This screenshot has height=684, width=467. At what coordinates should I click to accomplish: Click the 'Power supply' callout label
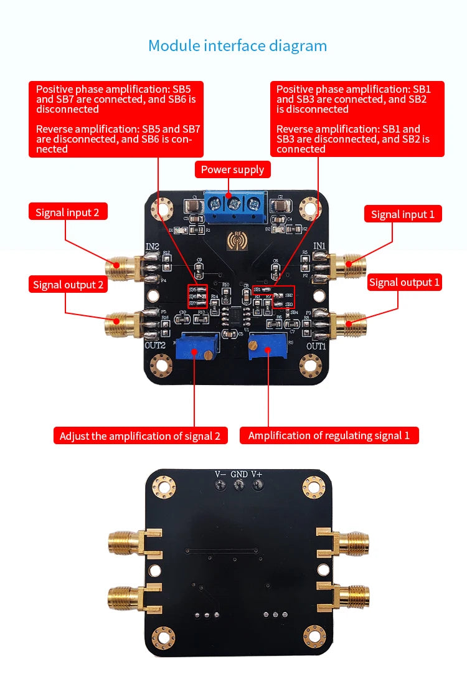(233, 169)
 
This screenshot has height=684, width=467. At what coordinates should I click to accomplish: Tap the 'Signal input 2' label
(67, 212)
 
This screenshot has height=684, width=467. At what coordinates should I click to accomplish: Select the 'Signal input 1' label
(403, 214)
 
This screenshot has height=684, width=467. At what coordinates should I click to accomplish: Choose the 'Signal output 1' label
(404, 282)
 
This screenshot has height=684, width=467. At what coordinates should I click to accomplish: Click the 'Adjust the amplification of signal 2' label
(140, 436)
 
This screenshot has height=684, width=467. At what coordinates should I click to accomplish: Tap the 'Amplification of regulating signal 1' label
(329, 435)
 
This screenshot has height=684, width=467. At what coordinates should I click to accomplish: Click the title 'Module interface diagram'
(237, 45)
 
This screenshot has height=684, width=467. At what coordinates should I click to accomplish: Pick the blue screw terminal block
(233, 206)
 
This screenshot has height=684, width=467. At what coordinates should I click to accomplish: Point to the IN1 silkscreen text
(319, 245)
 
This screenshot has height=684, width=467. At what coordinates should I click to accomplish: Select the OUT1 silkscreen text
(316, 346)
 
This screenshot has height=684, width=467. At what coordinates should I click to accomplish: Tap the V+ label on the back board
(257, 474)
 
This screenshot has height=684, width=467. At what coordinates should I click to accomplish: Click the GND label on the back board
(238, 474)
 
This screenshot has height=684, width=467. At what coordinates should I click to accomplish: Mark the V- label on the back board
(220, 474)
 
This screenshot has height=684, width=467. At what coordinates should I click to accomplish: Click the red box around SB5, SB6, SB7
(197, 297)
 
